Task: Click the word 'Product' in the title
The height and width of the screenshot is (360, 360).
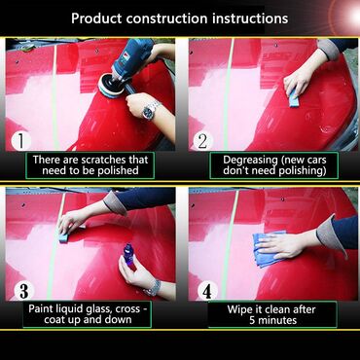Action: coord(96,18)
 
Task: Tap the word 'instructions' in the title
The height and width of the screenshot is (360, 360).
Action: coord(250,18)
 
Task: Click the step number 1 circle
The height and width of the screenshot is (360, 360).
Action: coord(21,141)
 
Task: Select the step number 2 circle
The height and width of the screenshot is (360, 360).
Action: coord(203,141)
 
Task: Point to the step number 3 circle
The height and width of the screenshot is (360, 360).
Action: coord(23,290)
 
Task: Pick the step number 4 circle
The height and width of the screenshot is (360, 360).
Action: coord(207,290)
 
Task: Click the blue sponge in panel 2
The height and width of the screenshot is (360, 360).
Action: coord(294,97)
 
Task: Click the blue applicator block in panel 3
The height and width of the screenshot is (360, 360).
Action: coord(67,235)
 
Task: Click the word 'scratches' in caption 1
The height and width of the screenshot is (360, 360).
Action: coord(102,160)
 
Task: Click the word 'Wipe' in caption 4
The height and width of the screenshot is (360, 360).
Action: coord(239,309)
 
